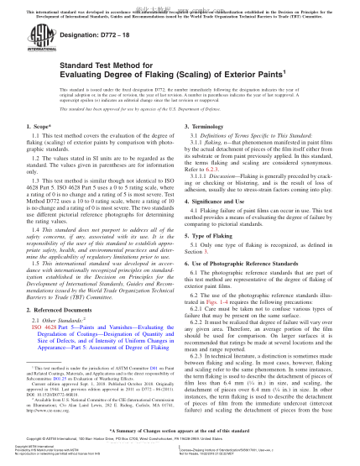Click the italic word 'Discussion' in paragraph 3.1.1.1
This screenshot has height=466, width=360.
233,178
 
